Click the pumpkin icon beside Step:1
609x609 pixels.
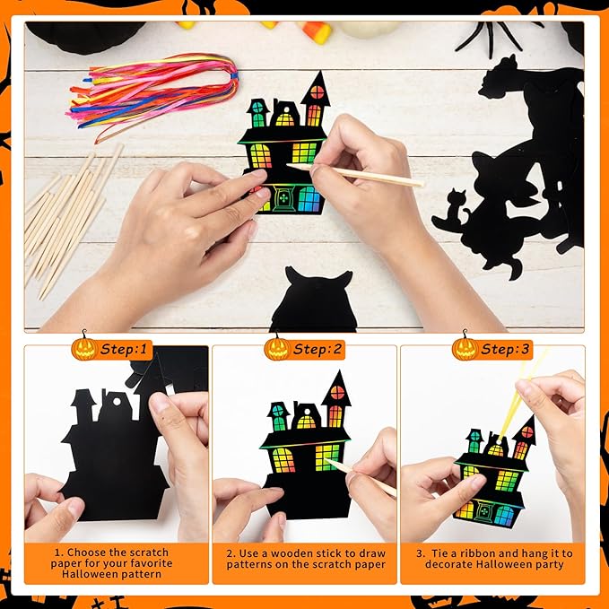tap(83, 347)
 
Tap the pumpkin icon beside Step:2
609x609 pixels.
tap(276, 347)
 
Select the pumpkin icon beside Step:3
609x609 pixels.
tap(465, 347)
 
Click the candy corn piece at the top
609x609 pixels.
tap(315, 32)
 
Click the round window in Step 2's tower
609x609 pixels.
tap(337, 393)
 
